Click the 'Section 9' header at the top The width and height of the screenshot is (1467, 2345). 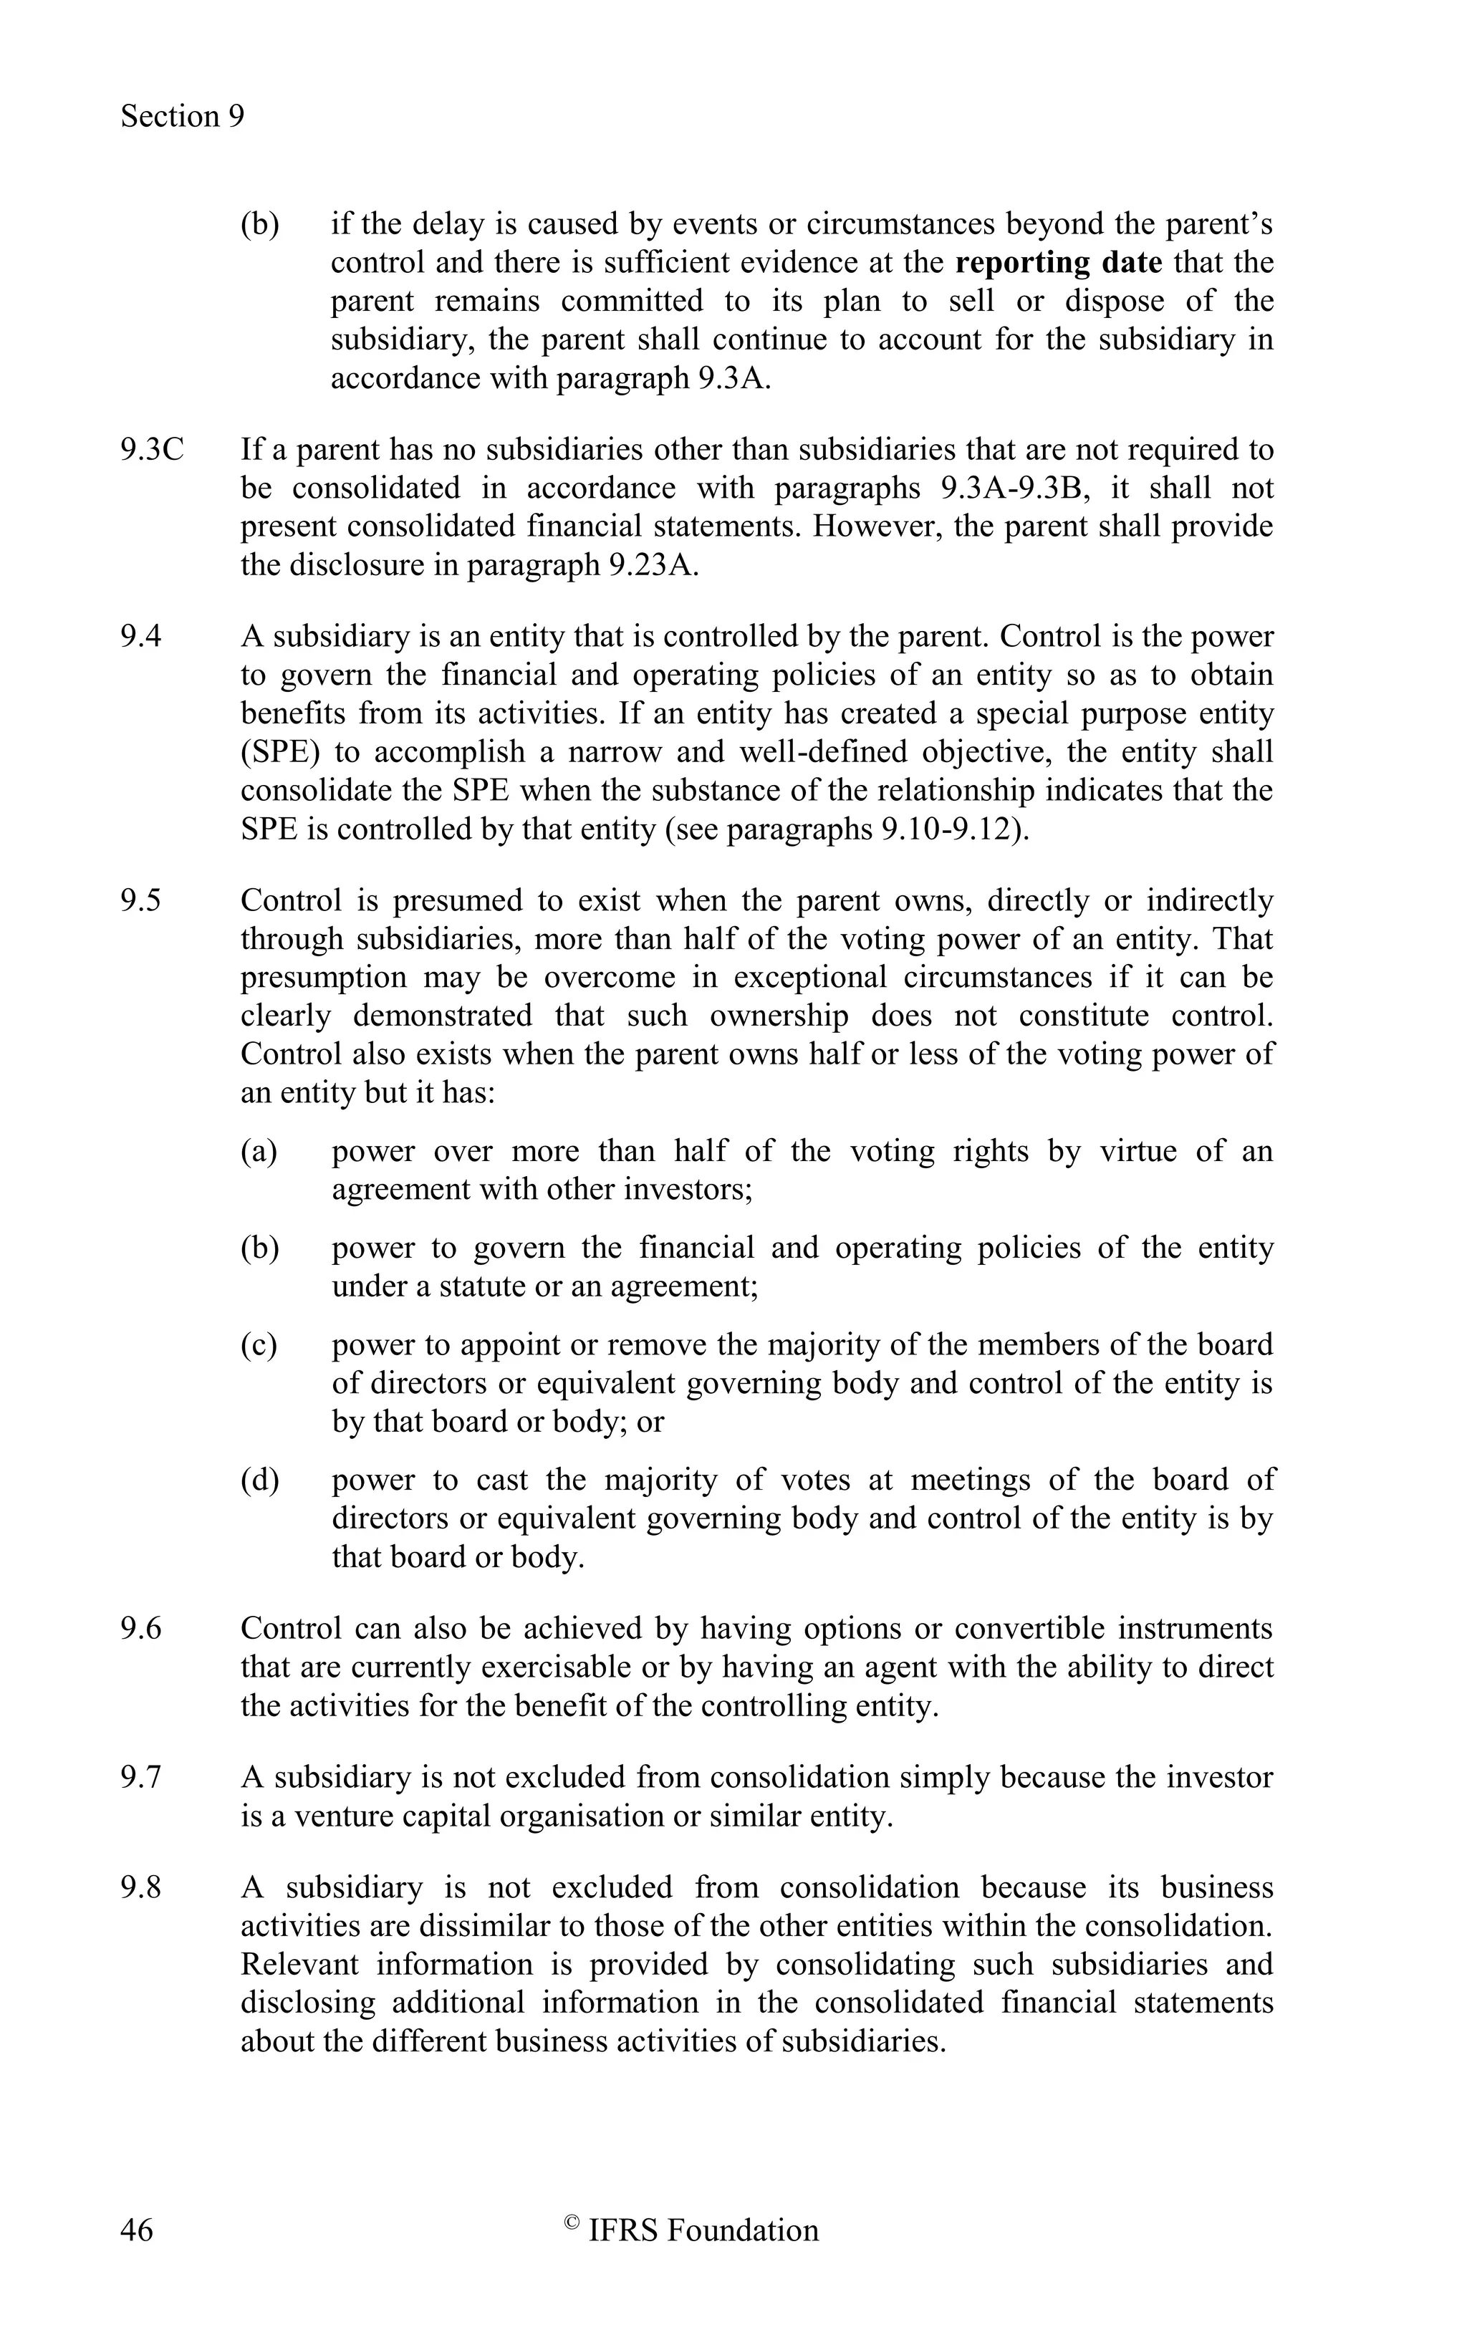coord(183,117)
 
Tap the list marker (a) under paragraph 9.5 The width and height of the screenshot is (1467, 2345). coord(259,1152)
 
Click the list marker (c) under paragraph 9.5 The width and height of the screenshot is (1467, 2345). coord(259,1344)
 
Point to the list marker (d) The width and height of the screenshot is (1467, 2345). coord(259,1480)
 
